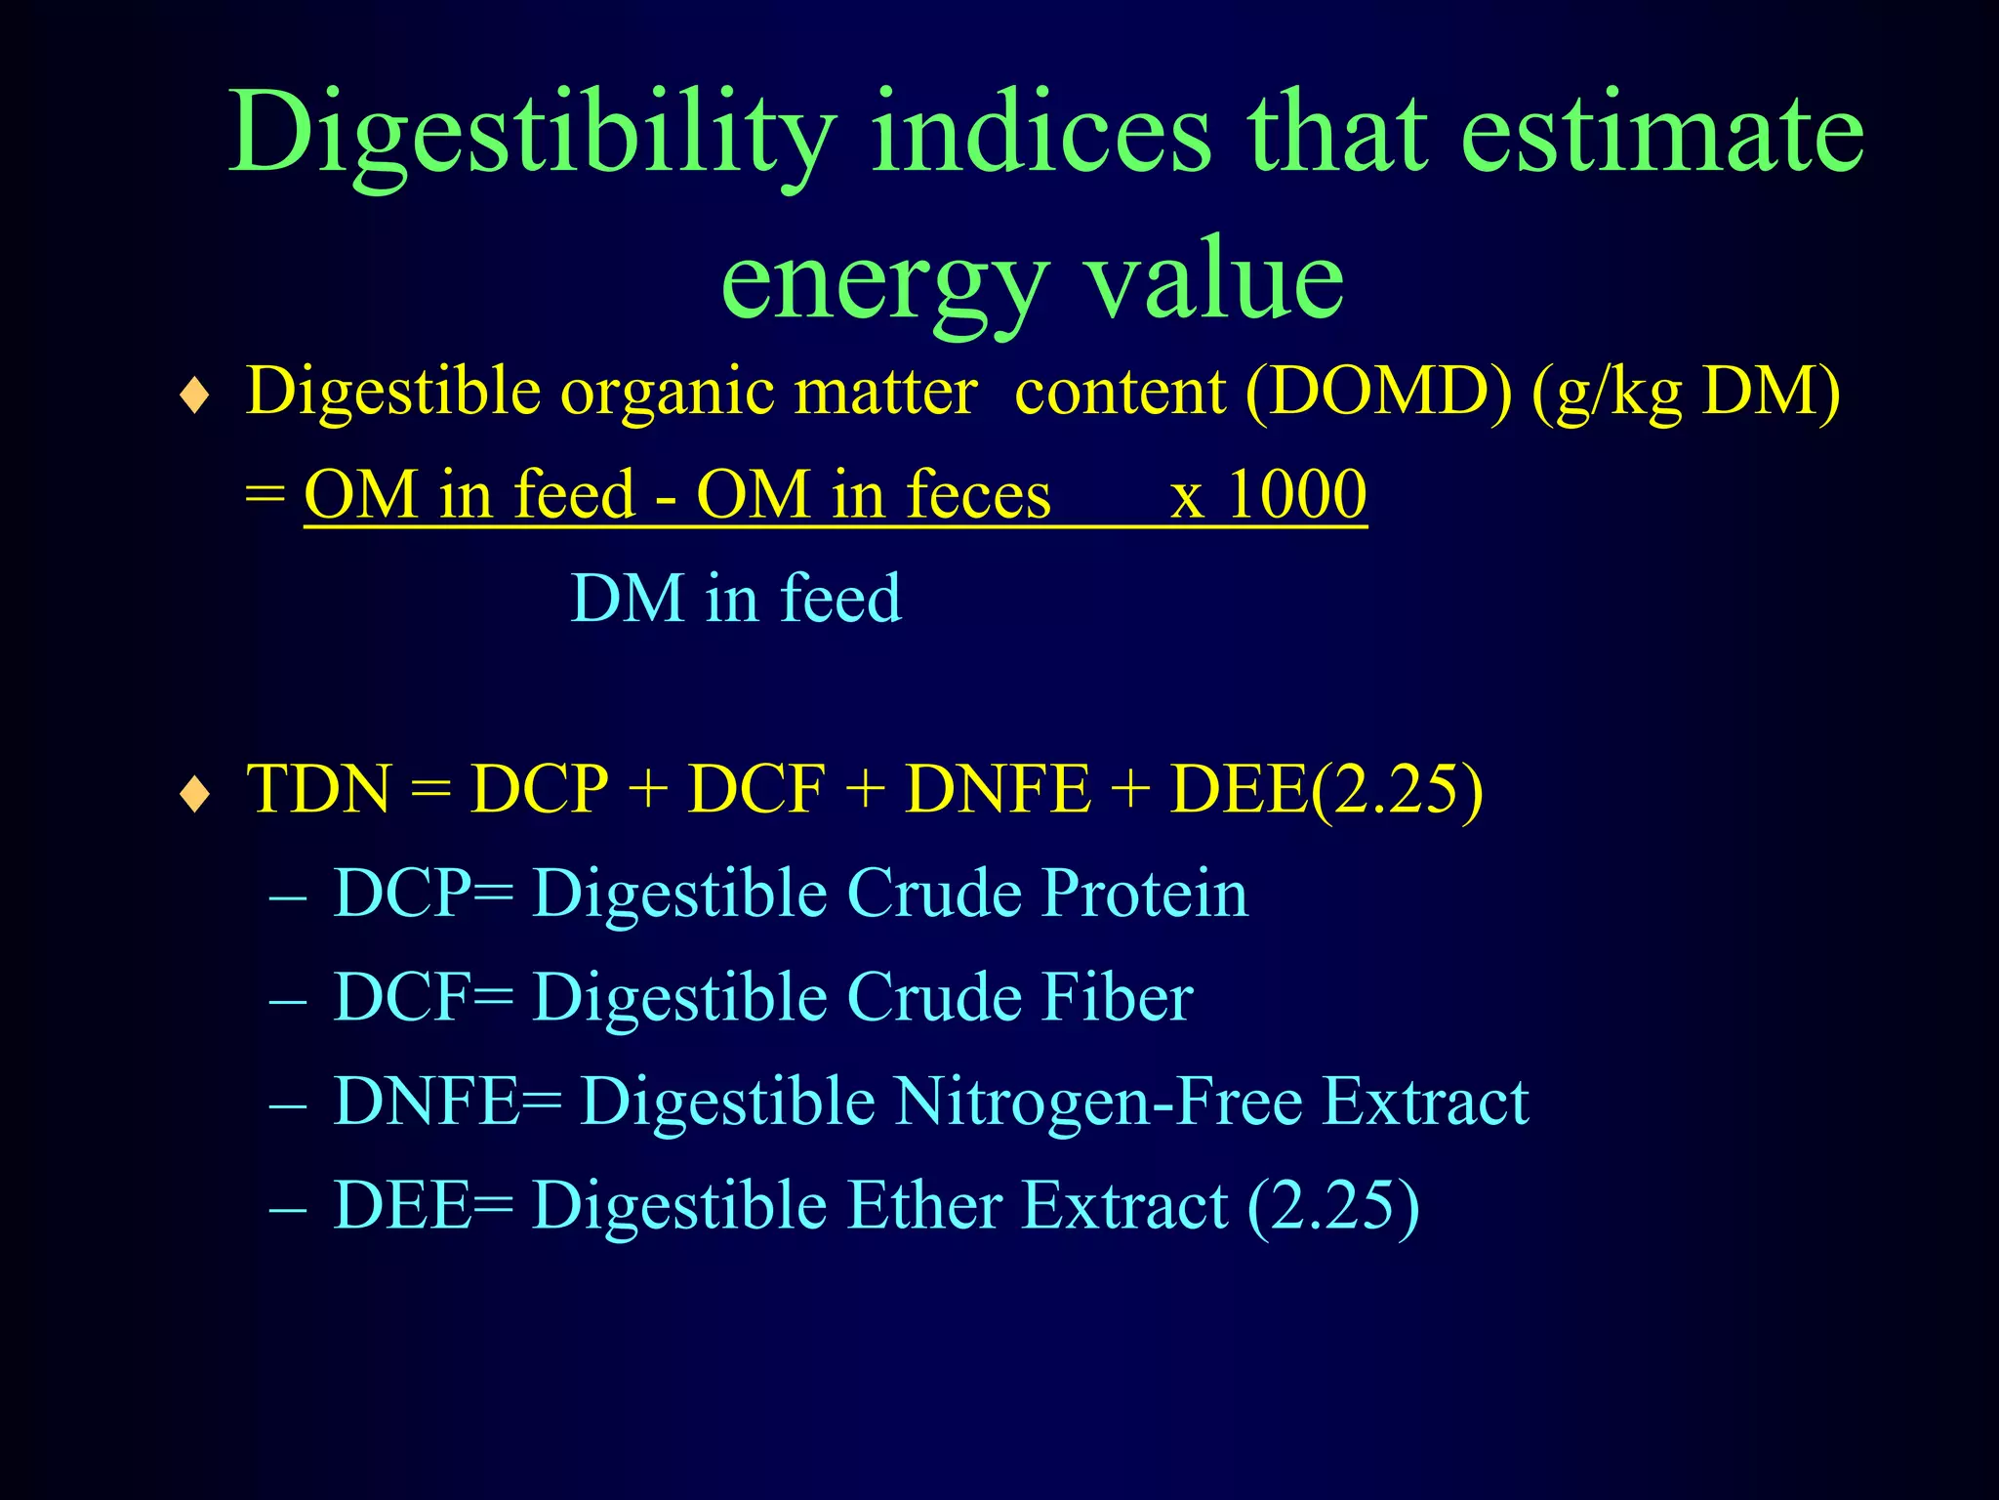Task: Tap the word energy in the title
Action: (x=883, y=283)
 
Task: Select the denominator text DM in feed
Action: (x=736, y=598)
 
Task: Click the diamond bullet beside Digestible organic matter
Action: (x=195, y=396)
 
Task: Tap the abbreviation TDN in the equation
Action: (x=318, y=789)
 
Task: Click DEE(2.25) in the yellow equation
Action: (x=1326, y=789)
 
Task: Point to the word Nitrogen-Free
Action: (x=1099, y=1102)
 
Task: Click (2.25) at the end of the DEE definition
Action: (x=1333, y=1207)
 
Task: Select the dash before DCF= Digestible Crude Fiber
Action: (x=288, y=1002)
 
